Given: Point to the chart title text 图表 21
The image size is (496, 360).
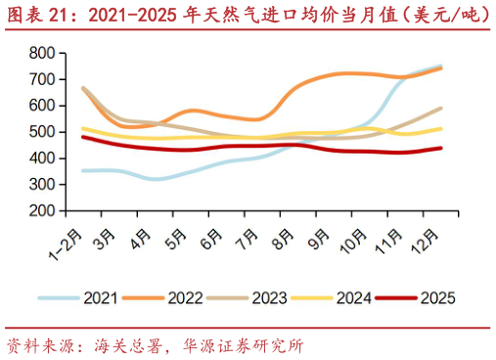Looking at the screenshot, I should (x=44, y=14).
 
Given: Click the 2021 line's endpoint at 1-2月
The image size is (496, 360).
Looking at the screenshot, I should (x=83, y=170).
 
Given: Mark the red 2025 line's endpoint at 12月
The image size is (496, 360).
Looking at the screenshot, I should (x=441, y=148).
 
